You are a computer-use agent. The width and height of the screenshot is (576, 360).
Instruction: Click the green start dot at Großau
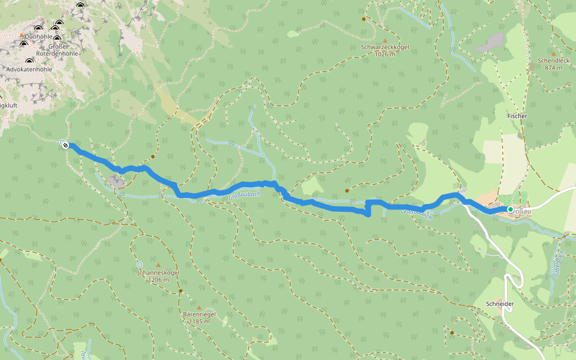coord(510,209)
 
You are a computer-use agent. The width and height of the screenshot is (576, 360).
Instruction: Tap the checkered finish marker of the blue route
coord(65,144)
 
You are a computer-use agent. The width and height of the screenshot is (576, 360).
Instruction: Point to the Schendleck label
coord(553,61)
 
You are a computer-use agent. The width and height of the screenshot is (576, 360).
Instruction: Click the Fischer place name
coord(517,115)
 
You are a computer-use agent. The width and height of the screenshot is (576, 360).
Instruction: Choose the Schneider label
coord(500,304)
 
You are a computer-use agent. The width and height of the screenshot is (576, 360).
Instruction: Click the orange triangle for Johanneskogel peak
coord(158,265)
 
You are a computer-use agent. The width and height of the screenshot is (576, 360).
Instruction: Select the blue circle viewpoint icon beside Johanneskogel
coord(140,264)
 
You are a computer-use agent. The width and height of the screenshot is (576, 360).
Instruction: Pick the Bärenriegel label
coord(199,314)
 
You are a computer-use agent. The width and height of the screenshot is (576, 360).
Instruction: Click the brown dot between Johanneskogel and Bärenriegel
coord(180,291)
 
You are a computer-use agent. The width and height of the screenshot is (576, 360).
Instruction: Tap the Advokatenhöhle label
coord(28,69)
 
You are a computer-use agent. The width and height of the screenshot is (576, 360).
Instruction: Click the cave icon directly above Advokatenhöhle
coord(28,61)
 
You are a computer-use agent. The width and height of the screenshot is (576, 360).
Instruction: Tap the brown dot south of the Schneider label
coord(452,332)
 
